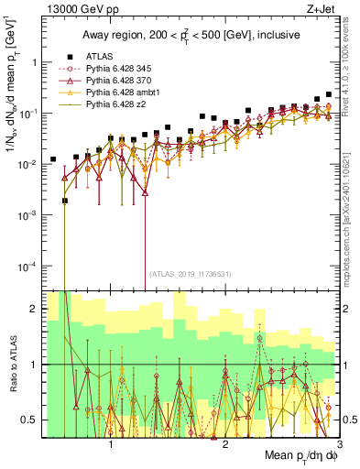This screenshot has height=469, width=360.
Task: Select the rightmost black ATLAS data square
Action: (329, 94)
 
